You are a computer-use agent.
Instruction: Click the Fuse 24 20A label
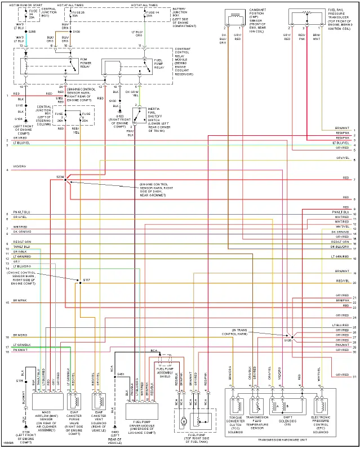(x=32, y=15)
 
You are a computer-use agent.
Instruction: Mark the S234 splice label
(x=60, y=177)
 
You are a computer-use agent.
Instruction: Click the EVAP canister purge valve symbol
(x=74, y=401)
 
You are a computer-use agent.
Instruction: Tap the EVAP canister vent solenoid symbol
(x=99, y=401)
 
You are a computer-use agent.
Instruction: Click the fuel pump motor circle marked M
(x=183, y=420)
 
